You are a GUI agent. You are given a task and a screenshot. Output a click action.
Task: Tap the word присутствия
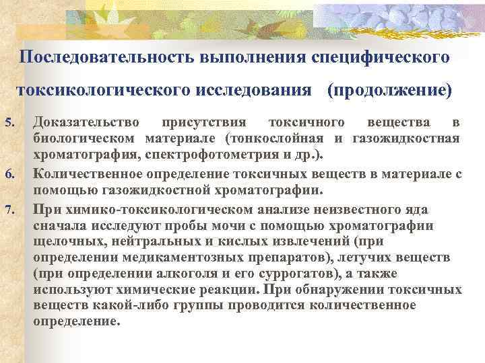pyautogui.click(x=205, y=122)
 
